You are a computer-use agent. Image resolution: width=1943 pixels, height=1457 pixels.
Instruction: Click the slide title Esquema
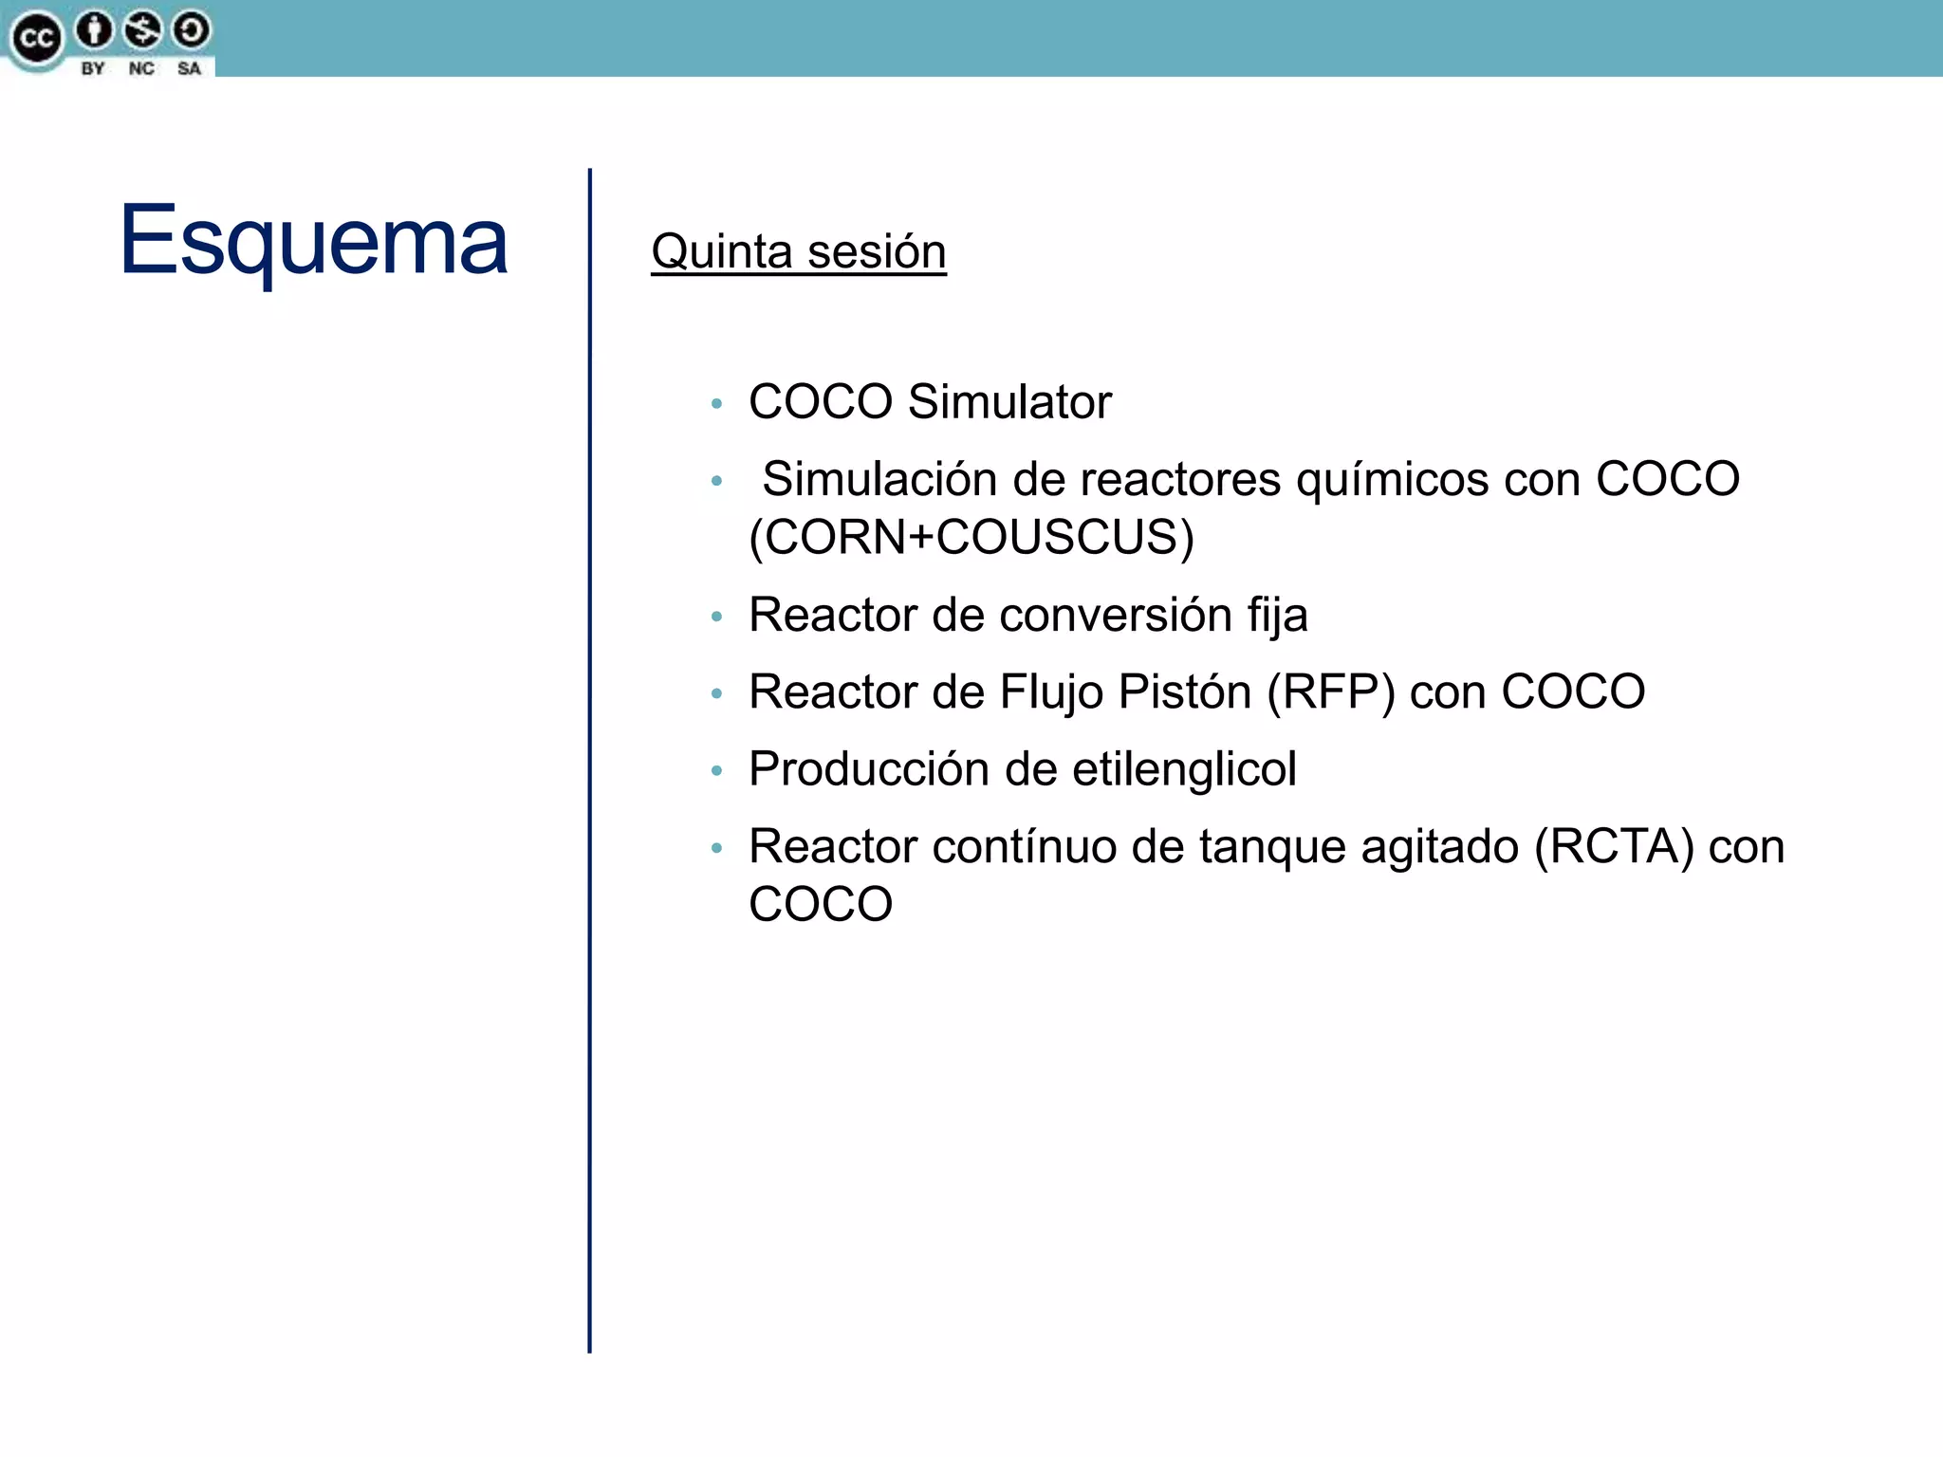[x=313, y=242]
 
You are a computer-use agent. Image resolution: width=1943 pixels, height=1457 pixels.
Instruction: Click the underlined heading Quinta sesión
[x=798, y=252]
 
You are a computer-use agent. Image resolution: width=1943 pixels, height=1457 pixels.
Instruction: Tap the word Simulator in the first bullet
[x=1009, y=402]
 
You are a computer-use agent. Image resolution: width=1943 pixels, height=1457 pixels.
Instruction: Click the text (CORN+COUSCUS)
[x=971, y=538]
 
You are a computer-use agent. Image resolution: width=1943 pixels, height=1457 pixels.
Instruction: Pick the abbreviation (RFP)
[x=1330, y=692]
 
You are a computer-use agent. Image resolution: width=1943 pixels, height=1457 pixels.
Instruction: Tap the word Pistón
[x=1184, y=692]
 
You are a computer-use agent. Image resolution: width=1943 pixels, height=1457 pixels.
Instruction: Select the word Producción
[x=868, y=769]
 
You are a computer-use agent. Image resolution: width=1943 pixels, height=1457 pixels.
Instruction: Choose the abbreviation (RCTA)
[x=1614, y=847]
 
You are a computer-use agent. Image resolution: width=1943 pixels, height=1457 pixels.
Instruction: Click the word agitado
[x=1439, y=847]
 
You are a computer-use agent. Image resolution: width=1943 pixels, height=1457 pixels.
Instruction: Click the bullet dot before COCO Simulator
[x=717, y=404]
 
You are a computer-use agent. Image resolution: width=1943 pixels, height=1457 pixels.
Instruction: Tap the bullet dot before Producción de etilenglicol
[x=717, y=771]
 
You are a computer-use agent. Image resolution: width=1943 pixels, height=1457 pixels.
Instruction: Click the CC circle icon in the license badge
[x=36, y=39]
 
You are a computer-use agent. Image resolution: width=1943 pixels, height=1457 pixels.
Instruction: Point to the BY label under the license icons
[x=93, y=68]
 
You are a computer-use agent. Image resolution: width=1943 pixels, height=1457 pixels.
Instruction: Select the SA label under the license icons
[x=189, y=68]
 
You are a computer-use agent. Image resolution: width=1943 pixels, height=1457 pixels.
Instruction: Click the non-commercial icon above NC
[x=142, y=30]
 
